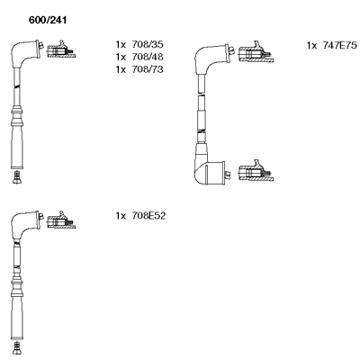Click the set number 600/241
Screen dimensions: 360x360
(x=48, y=20)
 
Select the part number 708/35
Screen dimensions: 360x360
(x=148, y=44)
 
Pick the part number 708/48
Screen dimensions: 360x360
(x=148, y=57)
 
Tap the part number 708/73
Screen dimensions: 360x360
(x=148, y=69)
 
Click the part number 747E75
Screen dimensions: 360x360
(x=340, y=45)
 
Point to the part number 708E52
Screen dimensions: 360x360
(x=148, y=216)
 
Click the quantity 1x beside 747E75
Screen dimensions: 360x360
(x=311, y=45)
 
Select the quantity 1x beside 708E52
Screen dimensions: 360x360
(x=121, y=216)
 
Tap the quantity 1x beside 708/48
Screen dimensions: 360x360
(x=121, y=57)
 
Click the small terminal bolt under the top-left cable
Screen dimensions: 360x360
(x=17, y=177)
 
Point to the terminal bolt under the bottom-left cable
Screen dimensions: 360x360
(x=17, y=348)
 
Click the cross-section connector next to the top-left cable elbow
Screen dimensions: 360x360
(x=61, y=49)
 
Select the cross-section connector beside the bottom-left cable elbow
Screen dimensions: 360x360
(x=61, y=220)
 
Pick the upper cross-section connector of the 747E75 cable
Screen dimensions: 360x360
(x=256, y=52)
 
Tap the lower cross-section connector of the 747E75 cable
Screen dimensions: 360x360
(x=256, y=171)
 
